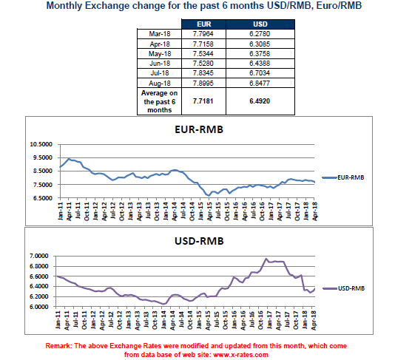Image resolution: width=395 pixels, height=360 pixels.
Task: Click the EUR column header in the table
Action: tap(204, 24)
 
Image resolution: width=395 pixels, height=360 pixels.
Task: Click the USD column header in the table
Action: tap(260, 24)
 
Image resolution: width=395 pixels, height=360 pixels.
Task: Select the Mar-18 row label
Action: tap(160, 34)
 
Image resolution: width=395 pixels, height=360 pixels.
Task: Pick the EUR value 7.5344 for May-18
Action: tap(203, 54)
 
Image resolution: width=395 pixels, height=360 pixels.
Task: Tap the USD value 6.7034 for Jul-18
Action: tap(260, 73)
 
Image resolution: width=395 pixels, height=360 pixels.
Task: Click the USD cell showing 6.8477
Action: tap(260, 83)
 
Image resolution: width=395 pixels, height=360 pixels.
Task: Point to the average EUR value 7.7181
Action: tap(203, 101)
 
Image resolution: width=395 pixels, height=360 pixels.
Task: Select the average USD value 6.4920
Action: tap(260, 101)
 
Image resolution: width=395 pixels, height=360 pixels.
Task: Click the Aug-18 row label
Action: tap(160, 84)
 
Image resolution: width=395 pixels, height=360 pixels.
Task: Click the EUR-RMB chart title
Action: tap(199, 129)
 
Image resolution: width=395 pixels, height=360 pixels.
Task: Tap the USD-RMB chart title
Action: tap(199, 241)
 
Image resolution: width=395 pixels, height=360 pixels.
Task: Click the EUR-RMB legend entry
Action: tap(343, 177)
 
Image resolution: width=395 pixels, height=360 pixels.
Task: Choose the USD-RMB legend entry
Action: tap(344, 288)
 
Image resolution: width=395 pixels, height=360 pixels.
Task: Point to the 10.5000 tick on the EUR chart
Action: tap(41, 144)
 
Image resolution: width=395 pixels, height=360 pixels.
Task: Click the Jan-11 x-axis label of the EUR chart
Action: tap(60, 211)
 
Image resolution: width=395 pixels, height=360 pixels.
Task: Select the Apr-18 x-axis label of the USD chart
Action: tap(314, 320)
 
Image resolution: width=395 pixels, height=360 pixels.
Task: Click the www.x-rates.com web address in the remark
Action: tap(240, 355)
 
